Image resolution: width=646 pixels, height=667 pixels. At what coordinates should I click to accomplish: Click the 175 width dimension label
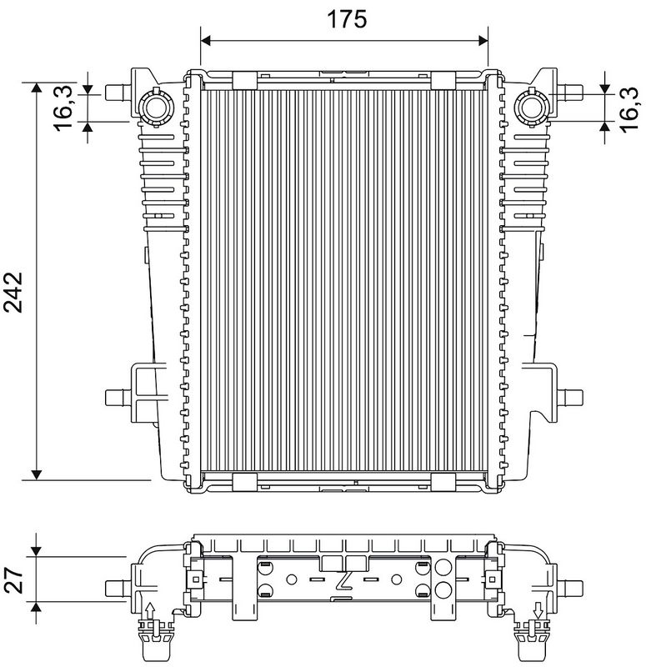coord(347,19)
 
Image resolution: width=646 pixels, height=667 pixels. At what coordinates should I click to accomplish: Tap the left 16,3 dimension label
coord(63,108)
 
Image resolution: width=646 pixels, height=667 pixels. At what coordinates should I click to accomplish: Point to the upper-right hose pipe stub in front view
coord(570,92)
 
